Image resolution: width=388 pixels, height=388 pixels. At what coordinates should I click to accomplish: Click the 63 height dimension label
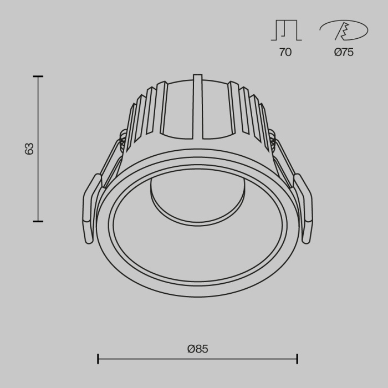pyautogui.click(x=29, y=149)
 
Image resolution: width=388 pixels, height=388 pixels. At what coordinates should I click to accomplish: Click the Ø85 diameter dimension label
pyautogui.click(x=197, y=349)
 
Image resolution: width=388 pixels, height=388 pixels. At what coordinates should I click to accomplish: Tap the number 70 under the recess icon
pyautogui.click(x=285, y=53)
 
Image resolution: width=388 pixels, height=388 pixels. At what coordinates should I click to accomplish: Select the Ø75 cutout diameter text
pyautogui.click(x=344, y=53)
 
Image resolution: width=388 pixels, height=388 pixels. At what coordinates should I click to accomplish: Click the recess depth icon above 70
pyautogui.click(x=285, y=30)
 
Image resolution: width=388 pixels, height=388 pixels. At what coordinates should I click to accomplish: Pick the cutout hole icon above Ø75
pyautogui.click(x=343, y=30)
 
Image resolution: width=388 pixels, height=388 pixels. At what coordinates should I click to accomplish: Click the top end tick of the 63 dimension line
pyautogui.click(x=38, y=76)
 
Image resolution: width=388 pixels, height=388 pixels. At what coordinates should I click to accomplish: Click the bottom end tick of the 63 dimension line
pyautogui.click(x=38, y=221)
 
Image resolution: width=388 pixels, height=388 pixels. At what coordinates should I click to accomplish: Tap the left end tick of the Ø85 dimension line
pyautogui.click(x=98, y=359)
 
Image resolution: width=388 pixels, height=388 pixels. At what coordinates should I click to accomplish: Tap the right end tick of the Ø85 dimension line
pyautogui.click(x=298, y=359)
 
